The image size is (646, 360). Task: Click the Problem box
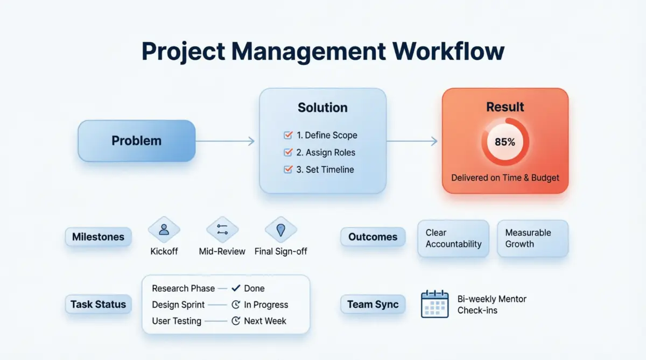[x=136, y=141]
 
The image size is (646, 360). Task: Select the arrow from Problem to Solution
[x=225, y=141]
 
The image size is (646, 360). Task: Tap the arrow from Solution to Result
[x=412, y=141]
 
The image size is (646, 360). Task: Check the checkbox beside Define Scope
[x=288, y=135]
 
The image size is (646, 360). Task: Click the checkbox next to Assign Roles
[x=288, y=152]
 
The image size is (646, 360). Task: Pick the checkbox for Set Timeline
[x=288, y=169]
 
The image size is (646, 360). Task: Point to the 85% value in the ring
[x=505, y=142]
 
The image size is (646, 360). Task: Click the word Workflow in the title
[x=448, y=51]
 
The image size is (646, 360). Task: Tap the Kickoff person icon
[x=164, y=230]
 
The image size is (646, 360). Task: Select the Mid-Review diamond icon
[x=222, y=230]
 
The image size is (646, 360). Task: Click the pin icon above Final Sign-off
[x=280, y=230]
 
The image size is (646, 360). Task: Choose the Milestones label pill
[x=99, y=237]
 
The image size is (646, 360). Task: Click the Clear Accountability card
[x=453, y=238]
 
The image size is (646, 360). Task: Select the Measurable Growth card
[x=532, y=238]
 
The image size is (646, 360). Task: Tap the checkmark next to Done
[x=236, y=288]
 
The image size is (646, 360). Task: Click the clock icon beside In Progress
[x=236, y=305]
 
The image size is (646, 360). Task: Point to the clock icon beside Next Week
[x=236, y=321]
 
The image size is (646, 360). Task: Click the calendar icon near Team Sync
[x=434, y=304]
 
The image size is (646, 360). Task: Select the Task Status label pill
[x=99, y=304]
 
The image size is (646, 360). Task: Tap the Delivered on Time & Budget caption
[x=505, y=178]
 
